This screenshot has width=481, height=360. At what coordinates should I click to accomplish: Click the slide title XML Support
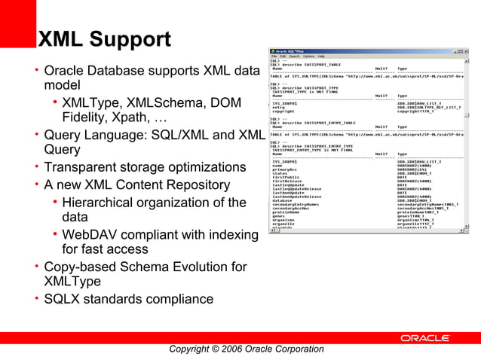(x=105, y=39)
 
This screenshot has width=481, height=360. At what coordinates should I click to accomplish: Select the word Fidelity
(x=88, y=118)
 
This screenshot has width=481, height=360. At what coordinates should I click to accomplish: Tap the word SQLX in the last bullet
(x=63, y=299)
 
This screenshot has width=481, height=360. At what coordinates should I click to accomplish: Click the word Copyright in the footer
(x=194, y=349)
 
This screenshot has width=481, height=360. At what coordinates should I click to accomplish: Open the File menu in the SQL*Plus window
(x=274, y=56)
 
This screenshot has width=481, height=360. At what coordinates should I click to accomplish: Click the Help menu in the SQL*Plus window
(x=321, y=56)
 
